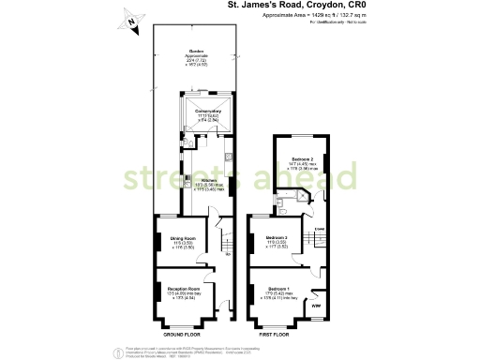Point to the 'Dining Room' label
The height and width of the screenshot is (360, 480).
click(x=182, y=238)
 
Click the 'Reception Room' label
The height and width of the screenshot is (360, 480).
click(x=184, y=289)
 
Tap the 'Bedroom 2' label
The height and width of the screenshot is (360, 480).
click(x=300, y=159)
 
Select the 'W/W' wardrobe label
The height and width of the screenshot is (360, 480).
click(x=316, y=306)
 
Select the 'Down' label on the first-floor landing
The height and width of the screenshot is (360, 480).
click(x=319, y=228)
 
